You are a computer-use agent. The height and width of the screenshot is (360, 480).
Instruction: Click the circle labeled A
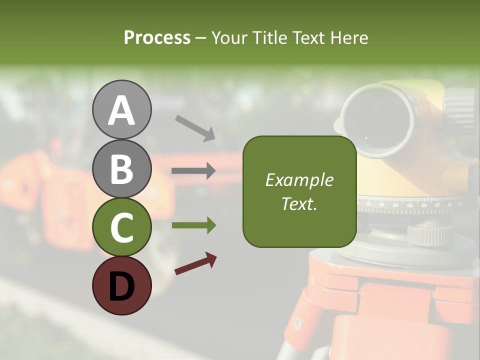(121, 110)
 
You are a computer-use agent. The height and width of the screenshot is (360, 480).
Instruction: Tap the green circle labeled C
(121, 227)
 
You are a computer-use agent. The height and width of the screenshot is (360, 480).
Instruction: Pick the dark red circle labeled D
(121, 285)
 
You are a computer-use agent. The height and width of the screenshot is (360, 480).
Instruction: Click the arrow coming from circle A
(195, 127)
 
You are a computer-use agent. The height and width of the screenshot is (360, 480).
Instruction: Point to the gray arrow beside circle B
(193, 171)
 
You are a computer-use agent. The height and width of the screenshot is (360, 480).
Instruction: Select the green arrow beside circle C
(193, 225)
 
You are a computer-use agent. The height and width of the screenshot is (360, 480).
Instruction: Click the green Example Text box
(299, 191)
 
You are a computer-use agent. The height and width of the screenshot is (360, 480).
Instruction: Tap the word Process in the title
(157, 38)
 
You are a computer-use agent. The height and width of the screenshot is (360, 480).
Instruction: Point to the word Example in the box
(299, 180)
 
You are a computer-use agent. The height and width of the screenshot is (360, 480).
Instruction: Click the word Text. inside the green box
(299, 203)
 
